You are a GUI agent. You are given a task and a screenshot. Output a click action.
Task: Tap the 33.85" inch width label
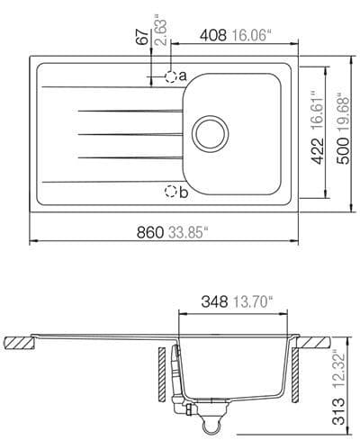click(186, 232)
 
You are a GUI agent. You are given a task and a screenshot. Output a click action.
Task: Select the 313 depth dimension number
click(338, 413)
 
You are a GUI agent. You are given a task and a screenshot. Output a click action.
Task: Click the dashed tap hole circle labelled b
click(170, 190)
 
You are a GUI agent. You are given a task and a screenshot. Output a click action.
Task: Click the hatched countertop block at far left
click(18, 342)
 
